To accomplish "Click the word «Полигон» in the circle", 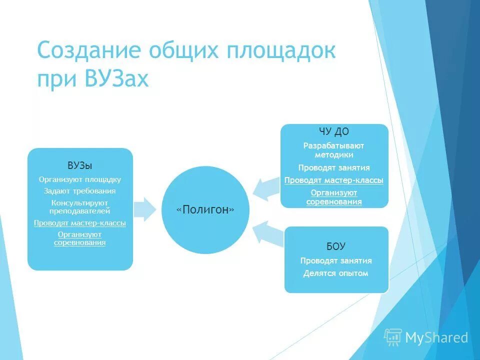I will tap(205, 210).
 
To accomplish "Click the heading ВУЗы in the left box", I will tap(80, 165).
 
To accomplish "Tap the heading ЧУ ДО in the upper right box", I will tap(334, 132).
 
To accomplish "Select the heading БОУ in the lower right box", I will tap(336, 246).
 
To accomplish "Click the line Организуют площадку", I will tap(80, 179).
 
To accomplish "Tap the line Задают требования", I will tap(80, 190).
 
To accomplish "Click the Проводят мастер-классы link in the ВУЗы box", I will tap(80, 223).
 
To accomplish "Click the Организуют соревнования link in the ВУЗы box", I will tap(80, 238).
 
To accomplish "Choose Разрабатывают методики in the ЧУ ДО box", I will tap(334, 150).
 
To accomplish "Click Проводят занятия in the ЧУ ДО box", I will tap(334, 168).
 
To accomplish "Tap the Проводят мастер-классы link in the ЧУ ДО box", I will tap(334, 180).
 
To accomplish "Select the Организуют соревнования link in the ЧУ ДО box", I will tap(334, 197).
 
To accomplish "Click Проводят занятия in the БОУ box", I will tap(336, 261).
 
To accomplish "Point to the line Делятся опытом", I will tap(336, 273).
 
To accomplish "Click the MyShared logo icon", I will tap(393, 337).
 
